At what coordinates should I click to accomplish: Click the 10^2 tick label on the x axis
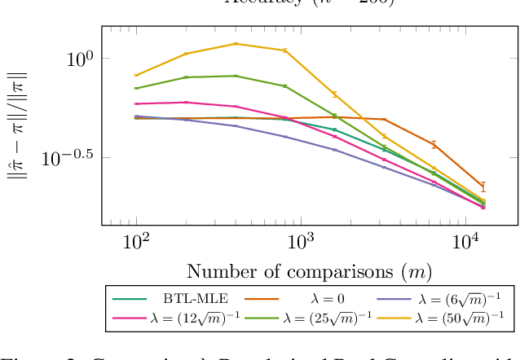(135, 242)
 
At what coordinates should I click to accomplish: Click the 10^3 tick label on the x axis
(301, 242)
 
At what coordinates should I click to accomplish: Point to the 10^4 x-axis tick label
(466, 242)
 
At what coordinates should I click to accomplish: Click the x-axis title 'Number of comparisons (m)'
(309, 271)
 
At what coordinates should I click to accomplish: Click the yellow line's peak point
(236, 44)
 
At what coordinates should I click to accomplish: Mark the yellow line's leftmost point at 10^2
(136, 75)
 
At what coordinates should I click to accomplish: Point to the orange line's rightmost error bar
(483, 187)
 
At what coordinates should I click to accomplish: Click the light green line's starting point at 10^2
(136, 88)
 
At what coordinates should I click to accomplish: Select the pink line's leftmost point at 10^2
(136, 104)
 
